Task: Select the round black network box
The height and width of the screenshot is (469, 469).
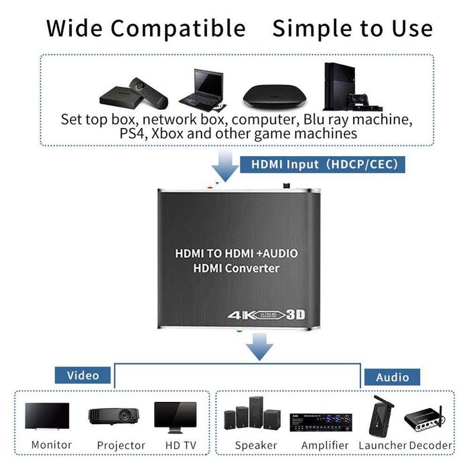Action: (271, 95)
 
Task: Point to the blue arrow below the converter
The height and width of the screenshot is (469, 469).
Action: (259, 346)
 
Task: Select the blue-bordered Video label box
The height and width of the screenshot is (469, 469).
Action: (82, 375)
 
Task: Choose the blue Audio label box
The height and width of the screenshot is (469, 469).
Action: (392, 377)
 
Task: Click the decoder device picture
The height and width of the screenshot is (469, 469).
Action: (429, 419)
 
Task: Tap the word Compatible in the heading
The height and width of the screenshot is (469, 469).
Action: (178, 28)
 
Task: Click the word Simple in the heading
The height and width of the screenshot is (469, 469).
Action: (310, 28)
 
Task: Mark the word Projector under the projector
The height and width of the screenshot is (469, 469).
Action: (121, 445)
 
